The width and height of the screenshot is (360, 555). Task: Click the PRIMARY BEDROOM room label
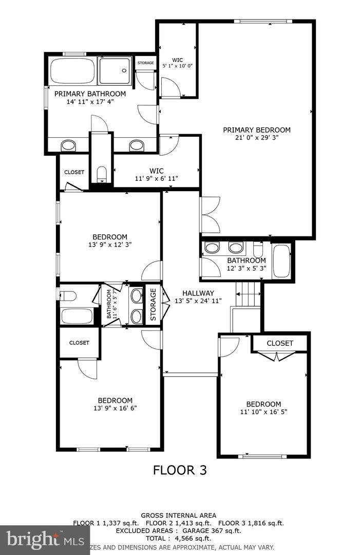[256, 130]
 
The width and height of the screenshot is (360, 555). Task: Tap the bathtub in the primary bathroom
[72, 71]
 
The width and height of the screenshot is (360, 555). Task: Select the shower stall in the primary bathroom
[115, 71]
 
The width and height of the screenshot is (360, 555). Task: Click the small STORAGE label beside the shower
[145, 63]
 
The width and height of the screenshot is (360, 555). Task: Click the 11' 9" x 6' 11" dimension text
[156, 179]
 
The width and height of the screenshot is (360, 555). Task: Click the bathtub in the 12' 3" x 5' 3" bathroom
[281, 261]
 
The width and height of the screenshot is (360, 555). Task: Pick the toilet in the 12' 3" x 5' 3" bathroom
[258, 250]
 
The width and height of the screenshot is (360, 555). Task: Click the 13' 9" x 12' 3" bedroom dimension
[110, 245]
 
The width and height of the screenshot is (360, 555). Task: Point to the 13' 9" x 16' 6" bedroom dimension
[115, 409]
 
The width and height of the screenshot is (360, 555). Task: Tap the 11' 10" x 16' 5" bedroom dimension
[263, 412]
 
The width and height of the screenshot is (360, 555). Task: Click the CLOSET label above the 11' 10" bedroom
[280, 343]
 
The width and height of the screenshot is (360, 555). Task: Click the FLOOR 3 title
[180, 470]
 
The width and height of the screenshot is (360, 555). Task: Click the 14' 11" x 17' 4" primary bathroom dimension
[90, 102]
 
